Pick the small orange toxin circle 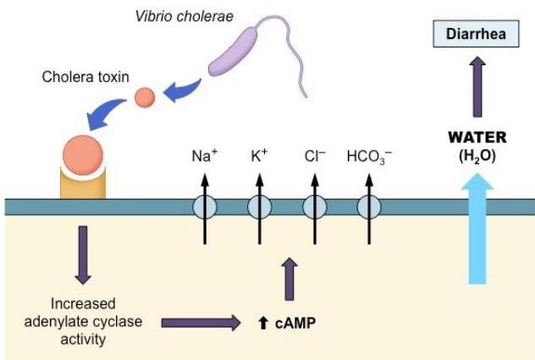tap(145, 97)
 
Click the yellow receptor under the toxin tap(84, 191)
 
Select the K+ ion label tap(259, 155)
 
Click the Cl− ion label tap(313, 155)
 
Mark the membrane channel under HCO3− tap(368, 208)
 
